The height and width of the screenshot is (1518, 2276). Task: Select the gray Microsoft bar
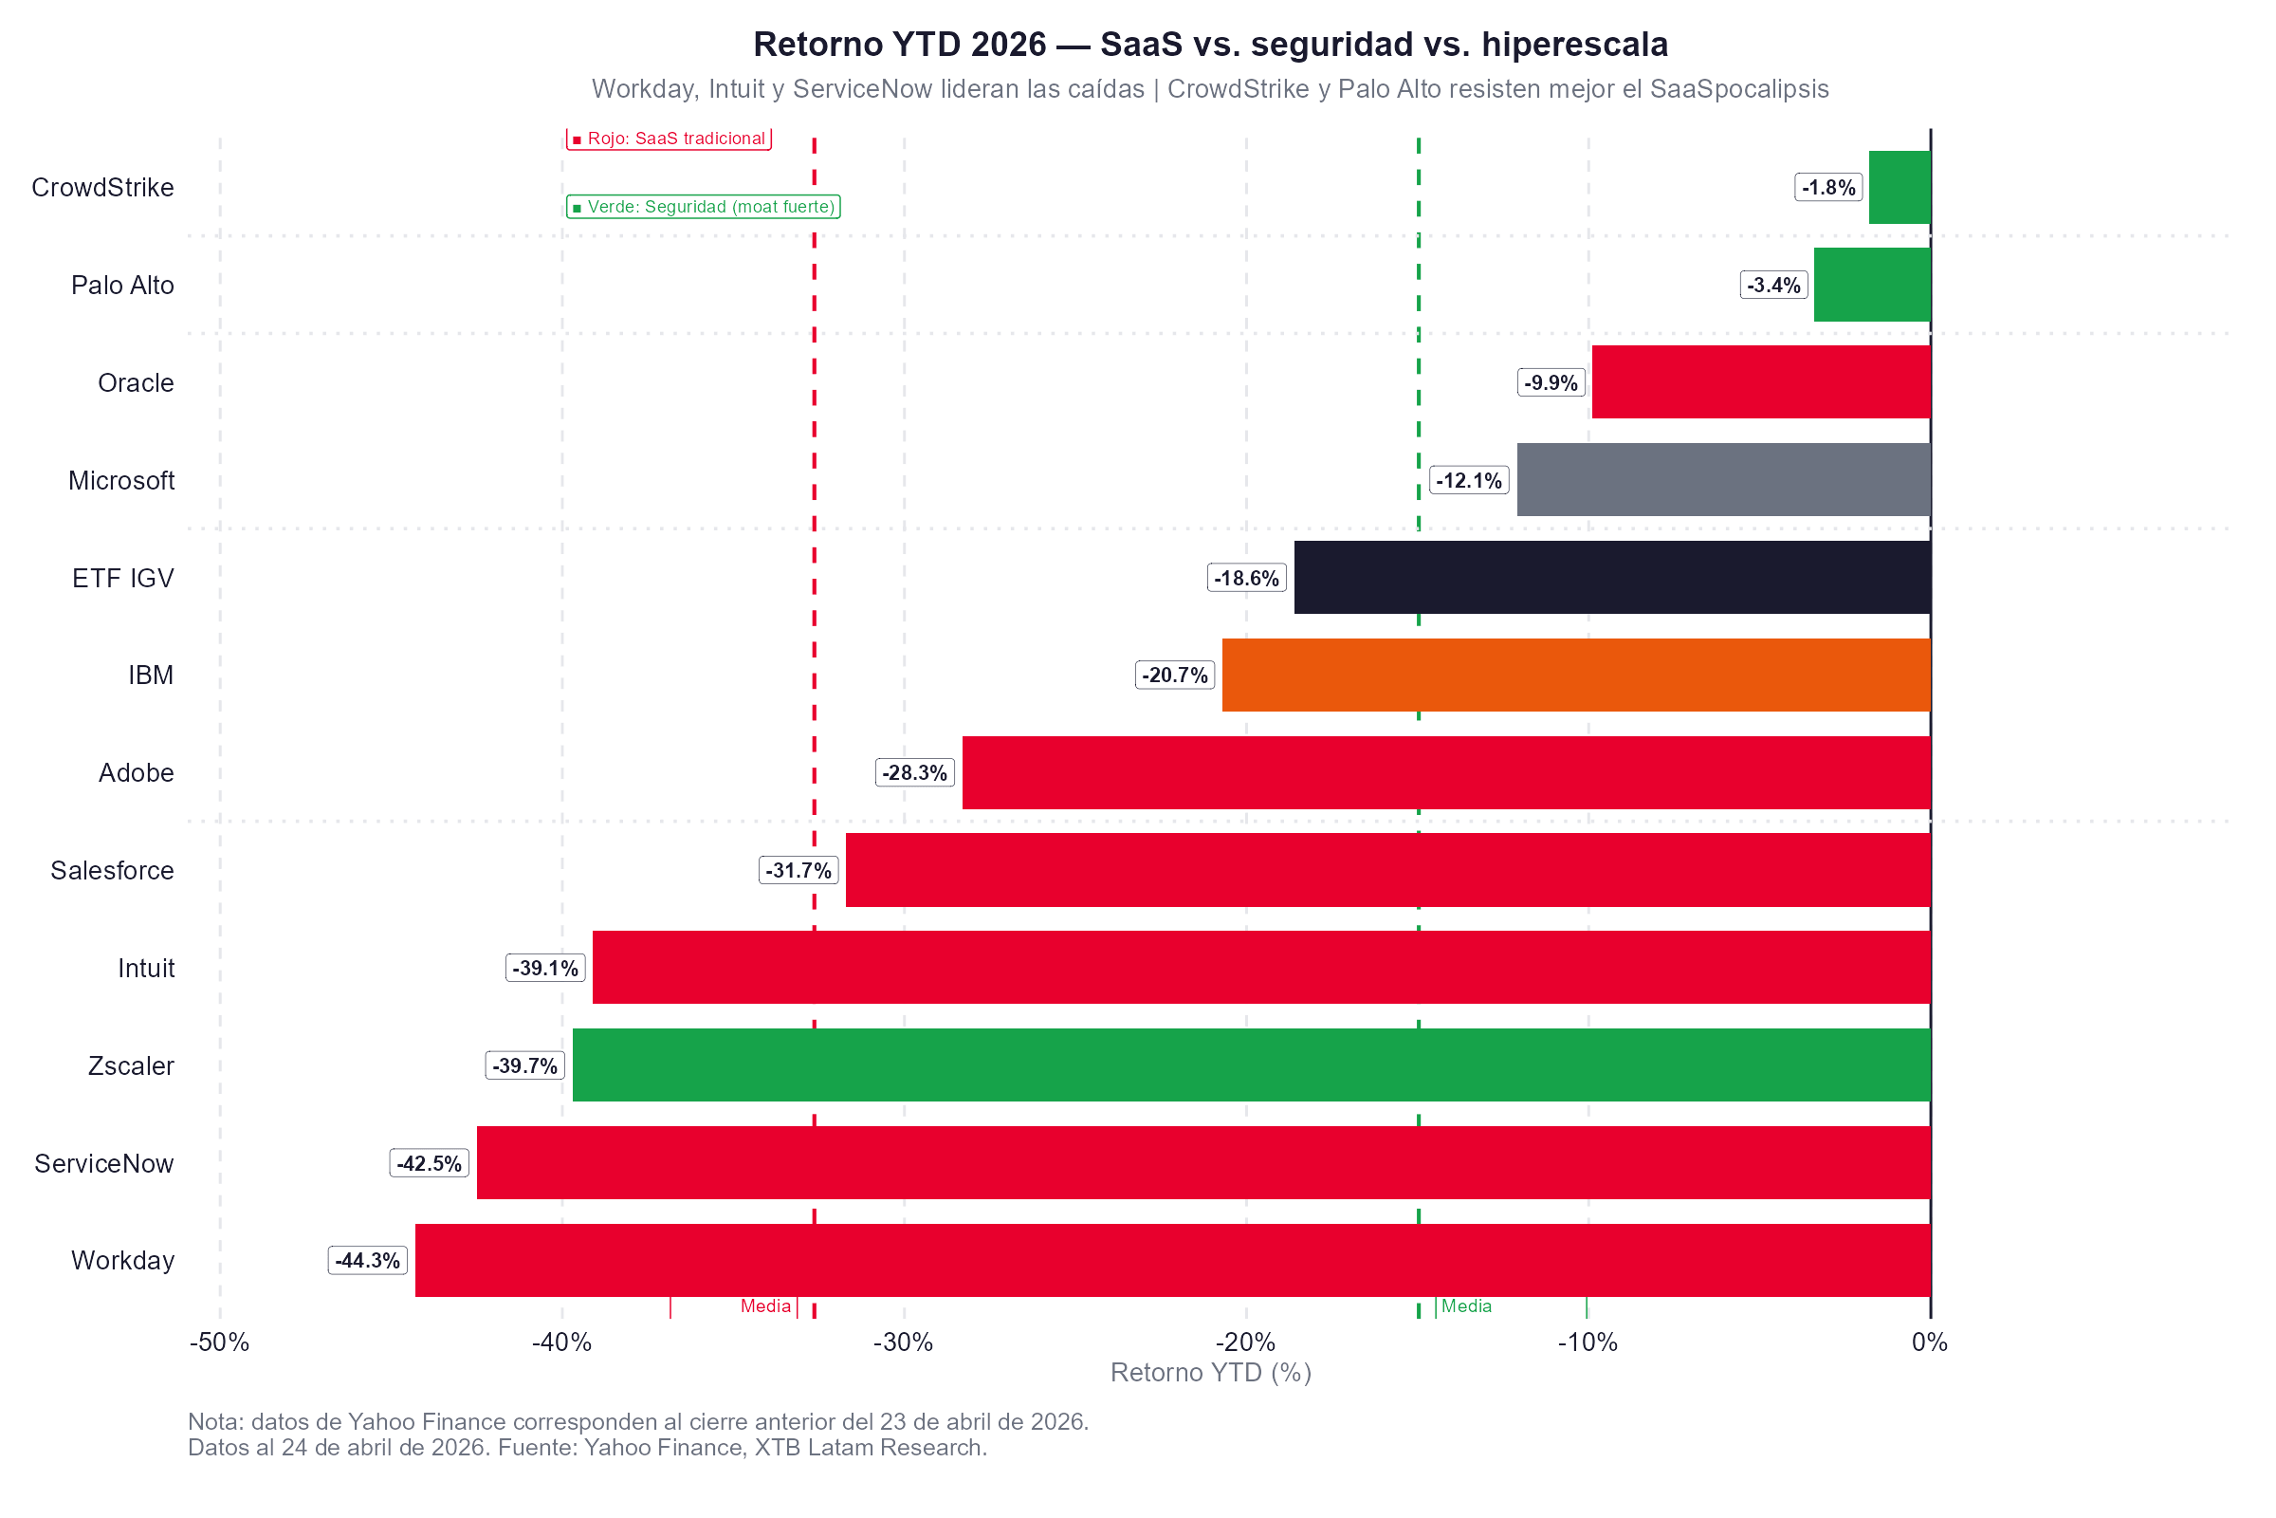point(1723,480)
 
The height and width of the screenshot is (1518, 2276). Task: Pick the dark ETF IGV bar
point(1612,578)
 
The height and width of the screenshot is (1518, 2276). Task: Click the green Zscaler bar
point(1251,1064)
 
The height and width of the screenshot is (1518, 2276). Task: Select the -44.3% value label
point(368,1261)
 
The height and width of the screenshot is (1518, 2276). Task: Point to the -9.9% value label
point(1551,383)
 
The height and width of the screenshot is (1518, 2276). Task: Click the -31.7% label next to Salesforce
point(798,870)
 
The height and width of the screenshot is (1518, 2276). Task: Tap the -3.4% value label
point(1773,286)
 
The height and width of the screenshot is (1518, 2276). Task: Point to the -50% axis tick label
point(220,1342)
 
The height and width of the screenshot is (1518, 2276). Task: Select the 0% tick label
point(1930,1342)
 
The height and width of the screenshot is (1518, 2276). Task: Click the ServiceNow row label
point(103,1164)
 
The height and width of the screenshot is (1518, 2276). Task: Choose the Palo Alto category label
point(122,286)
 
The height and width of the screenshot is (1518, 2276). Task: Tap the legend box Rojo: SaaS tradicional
point(669,139)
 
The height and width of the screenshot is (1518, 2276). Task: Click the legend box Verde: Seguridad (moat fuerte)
point(704,207)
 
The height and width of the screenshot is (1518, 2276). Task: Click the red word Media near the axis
point(765,1307)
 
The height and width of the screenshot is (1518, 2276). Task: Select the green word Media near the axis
point(1466,1307)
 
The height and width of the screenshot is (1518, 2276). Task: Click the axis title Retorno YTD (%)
point(1211,1373)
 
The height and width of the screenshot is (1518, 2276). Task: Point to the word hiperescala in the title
point(1574,45)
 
